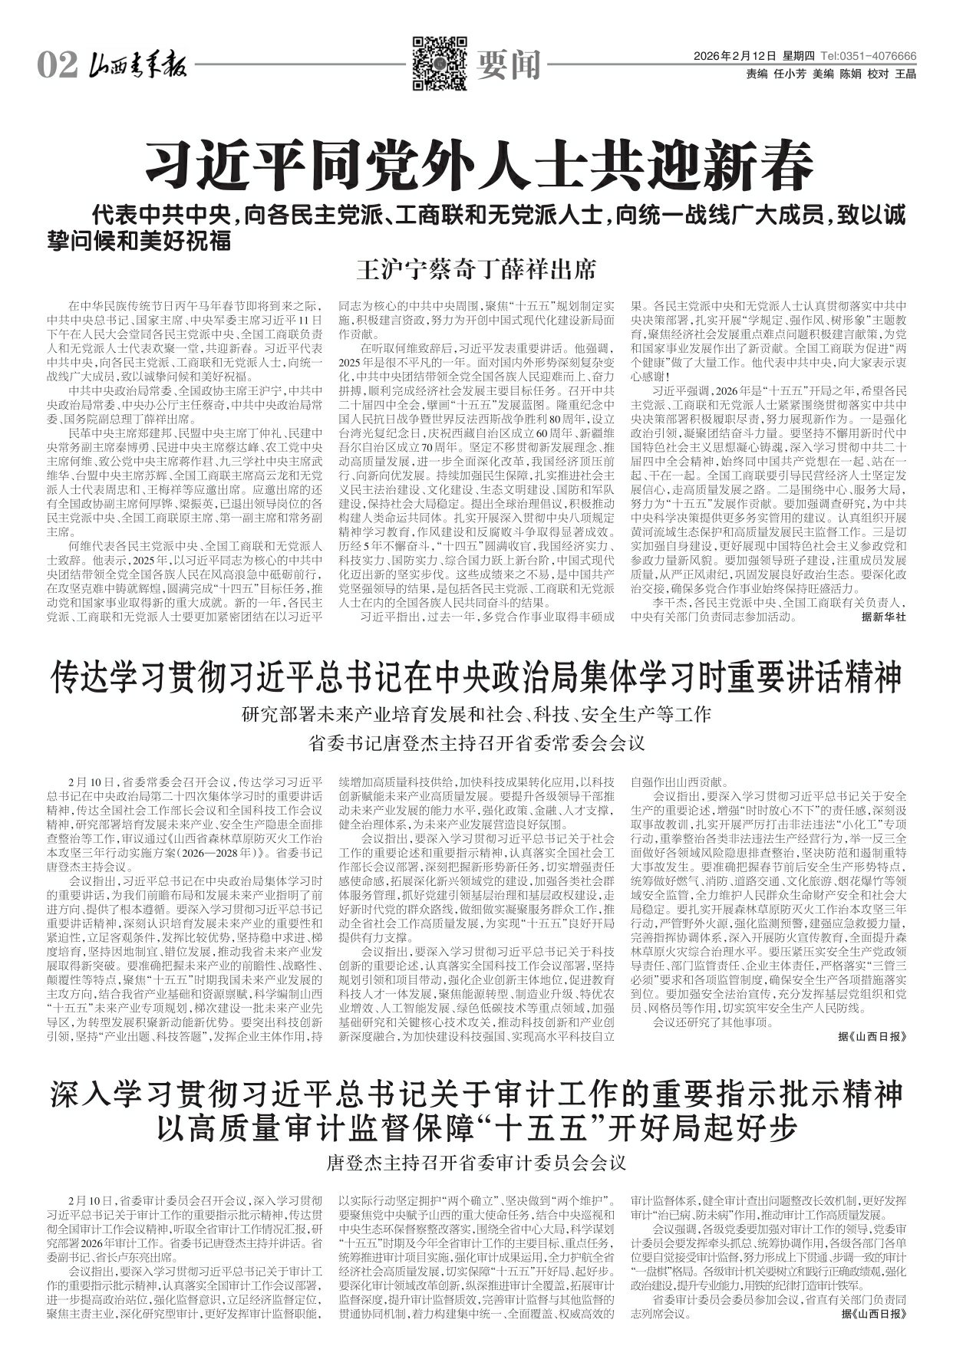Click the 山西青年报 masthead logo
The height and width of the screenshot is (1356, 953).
(138, 67)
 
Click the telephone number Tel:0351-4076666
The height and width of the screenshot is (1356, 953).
(868, 57)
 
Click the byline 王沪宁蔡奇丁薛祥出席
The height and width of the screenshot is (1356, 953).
(476, 270)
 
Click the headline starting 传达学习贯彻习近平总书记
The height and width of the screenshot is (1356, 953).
(476, 677)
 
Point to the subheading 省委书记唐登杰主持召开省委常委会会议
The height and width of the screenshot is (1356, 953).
(476, 743)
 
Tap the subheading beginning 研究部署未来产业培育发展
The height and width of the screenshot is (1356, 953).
(476, 715)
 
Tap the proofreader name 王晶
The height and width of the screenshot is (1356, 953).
(905, 74)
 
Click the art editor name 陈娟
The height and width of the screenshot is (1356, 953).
(849, 74)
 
